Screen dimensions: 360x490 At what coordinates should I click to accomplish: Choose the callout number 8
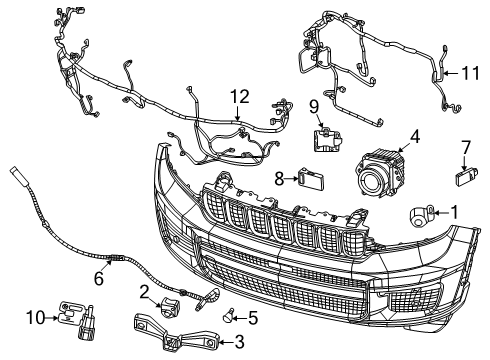pos(279,179)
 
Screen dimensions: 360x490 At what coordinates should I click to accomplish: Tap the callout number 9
pos(313,107)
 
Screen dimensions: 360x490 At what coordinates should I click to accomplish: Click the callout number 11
pos(469,71)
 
